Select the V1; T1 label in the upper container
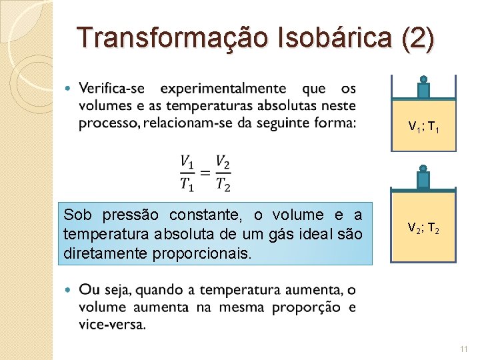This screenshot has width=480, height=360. pos(423,125)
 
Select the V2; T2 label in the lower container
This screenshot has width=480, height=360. pos(423,228)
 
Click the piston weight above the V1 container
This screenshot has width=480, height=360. pos(423,89)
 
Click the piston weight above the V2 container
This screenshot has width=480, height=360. pos(423,178)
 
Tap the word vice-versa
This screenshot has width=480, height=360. pos(112,325)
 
